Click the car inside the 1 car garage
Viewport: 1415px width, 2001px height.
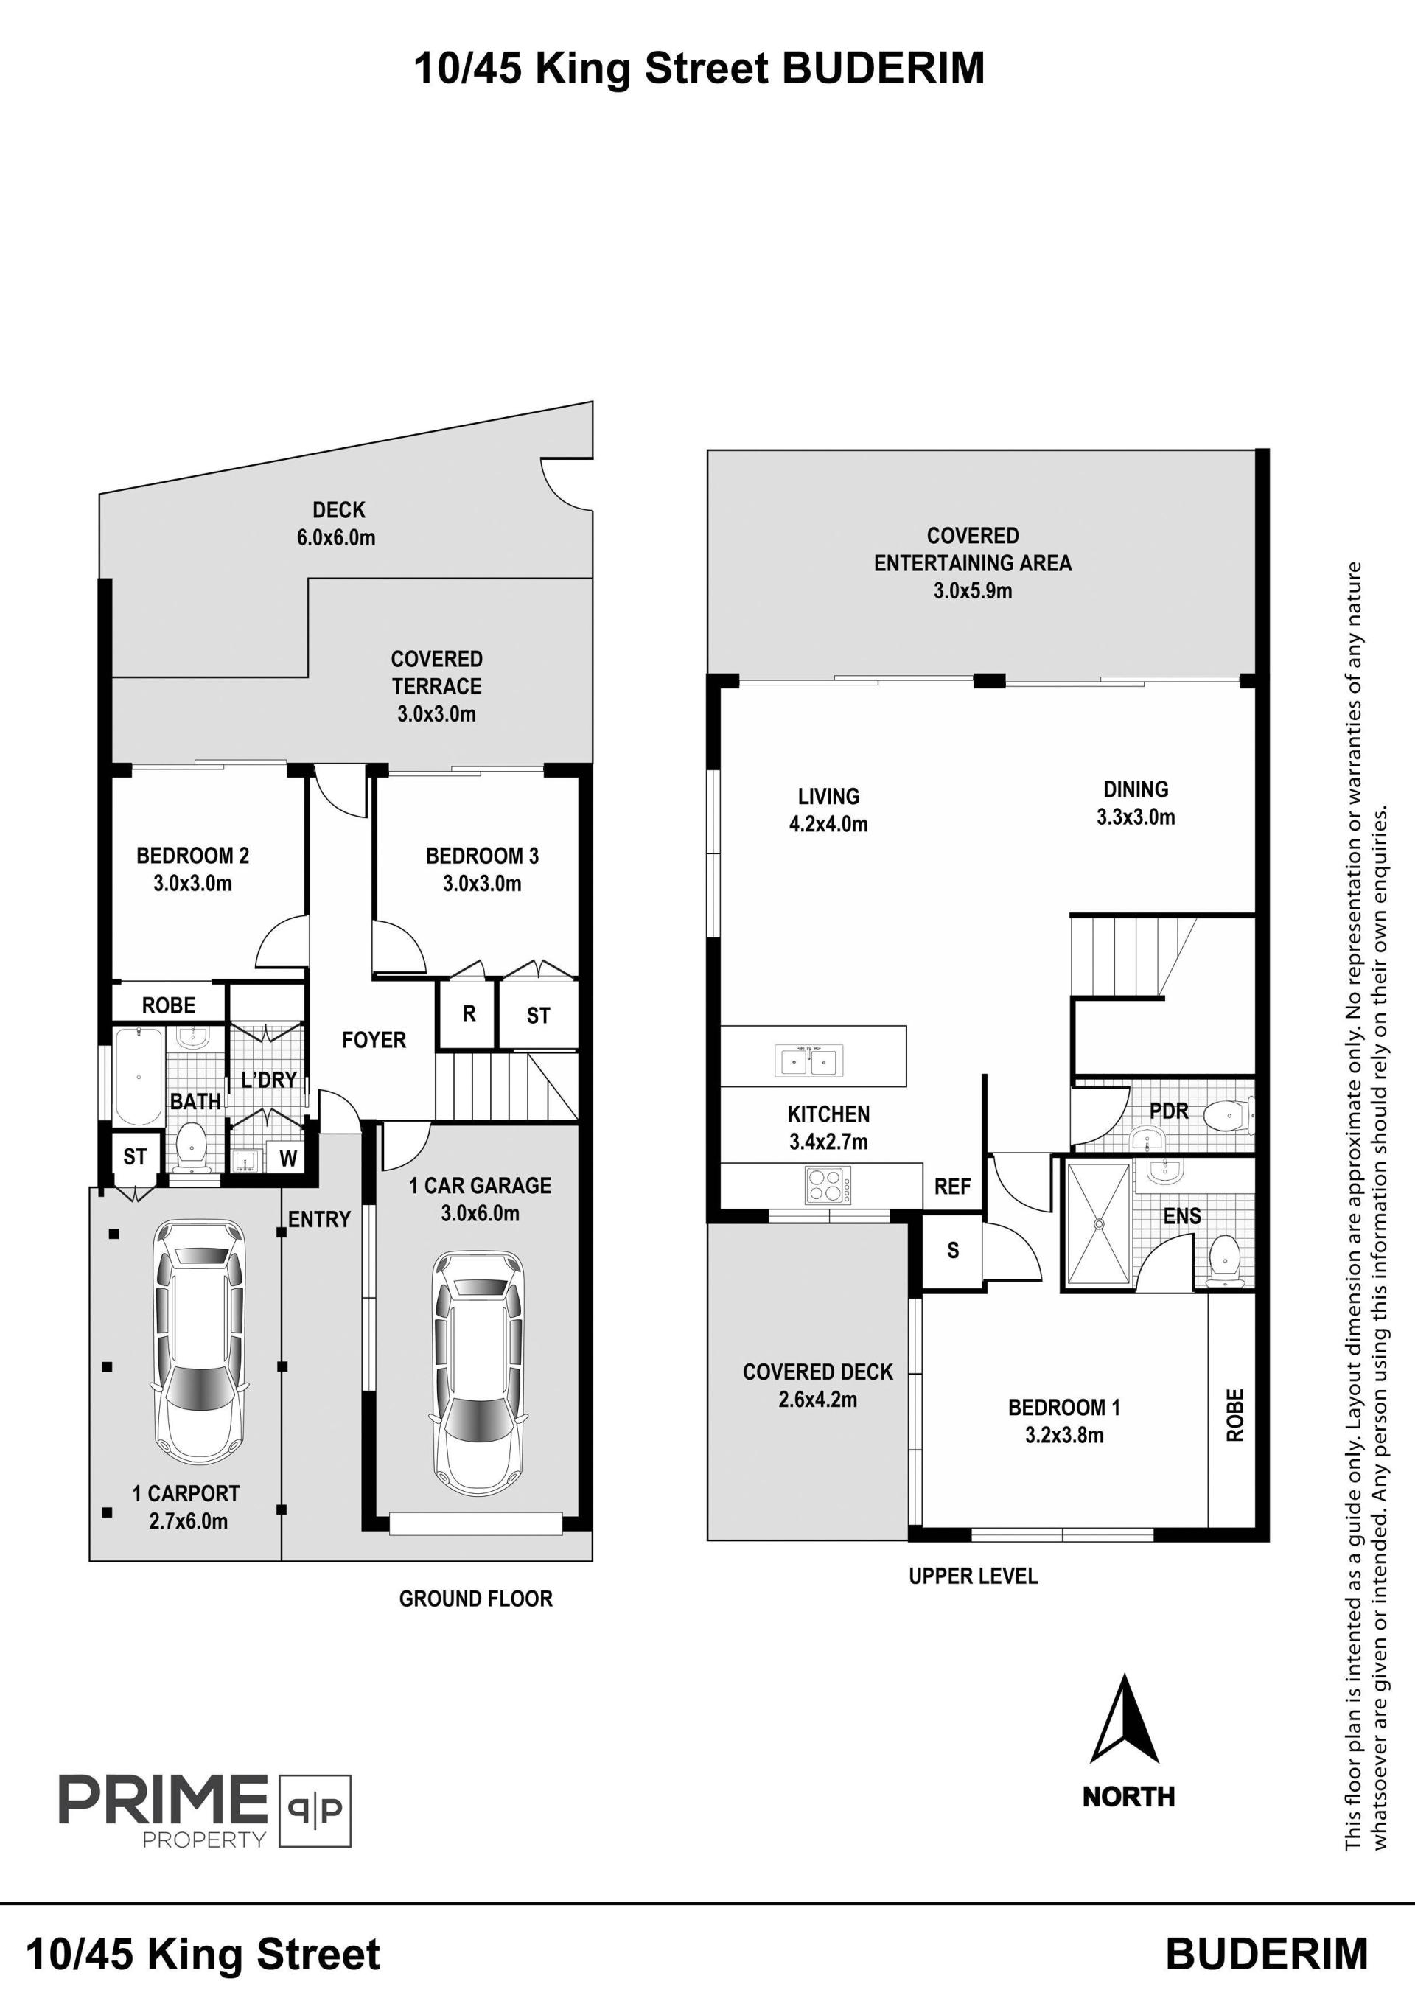[479, 1378]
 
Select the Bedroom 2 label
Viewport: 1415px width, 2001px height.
[192, 856]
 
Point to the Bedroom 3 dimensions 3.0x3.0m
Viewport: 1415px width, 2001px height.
[482, 884]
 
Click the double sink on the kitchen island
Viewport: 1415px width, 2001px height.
[809, 1061]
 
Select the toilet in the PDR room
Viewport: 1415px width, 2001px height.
[1229, 1113]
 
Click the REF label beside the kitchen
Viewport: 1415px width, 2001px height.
[952, 1186]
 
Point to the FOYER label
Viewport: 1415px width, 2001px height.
[374, 1040]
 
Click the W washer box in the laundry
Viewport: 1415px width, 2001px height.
[287, 1159]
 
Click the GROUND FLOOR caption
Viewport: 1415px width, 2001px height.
[476, 1599]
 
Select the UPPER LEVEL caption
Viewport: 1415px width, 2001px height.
[974, 1576]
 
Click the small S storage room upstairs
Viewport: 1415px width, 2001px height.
[952, 1251]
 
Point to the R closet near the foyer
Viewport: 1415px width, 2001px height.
[469, 1013]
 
